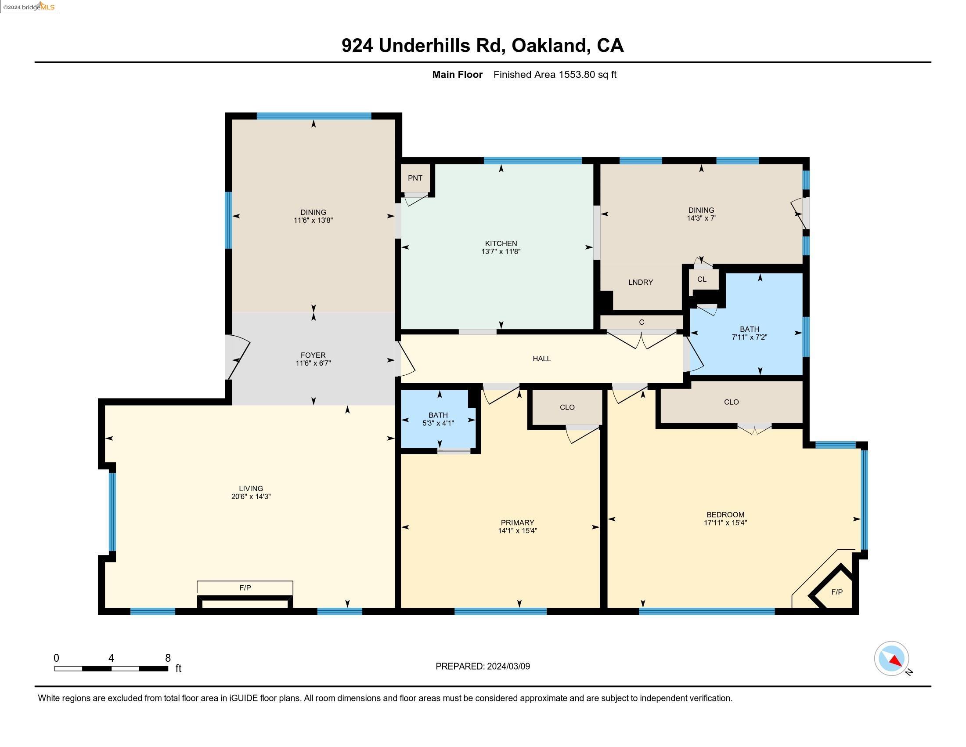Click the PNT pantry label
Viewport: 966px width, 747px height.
[x=415, y=178]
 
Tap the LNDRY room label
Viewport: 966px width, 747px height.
[x=641, y=283]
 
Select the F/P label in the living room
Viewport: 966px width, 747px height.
[x=245, y=587]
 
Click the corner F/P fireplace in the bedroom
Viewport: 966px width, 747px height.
[x=836, y=592]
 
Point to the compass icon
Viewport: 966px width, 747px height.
[x=891, y=659]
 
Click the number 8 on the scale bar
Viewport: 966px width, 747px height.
[x=168, y=658]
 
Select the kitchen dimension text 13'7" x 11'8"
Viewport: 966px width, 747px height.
[x=501, y=251]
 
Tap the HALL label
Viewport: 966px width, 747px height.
[x=541, y=359]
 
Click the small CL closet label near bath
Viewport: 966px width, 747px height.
[x=702, y=279]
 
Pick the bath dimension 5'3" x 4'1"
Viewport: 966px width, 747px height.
[x=438, y=423]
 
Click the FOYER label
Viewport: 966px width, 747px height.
[x=313, y=355]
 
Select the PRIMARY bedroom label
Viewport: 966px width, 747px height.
[x=518, y=522]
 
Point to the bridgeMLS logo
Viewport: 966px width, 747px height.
[x=29, y=7]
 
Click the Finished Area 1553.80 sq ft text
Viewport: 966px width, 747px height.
[x=555, y=74]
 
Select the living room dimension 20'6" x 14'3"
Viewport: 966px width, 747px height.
[x=251, y=497]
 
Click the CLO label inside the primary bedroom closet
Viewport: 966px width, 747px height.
[x=567, y=407]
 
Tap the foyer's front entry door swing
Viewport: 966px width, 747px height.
[x=239, y=357]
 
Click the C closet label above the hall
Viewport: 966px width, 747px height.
[x=642, y=322]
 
